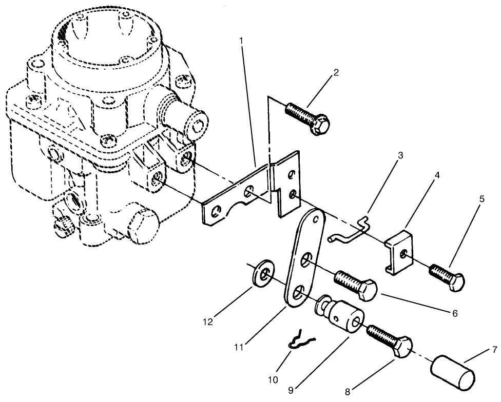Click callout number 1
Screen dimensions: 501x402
pyautogui.click(x=242, y=41)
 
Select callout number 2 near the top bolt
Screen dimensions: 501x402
pyautogui.click(x=336, y=72)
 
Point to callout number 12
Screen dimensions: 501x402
pyautogui.click(x=208, y=322)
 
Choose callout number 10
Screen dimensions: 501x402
pyautogui.click(x=273, y=379)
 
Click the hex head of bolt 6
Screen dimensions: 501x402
pyautogui.click(x=368, y=290)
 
